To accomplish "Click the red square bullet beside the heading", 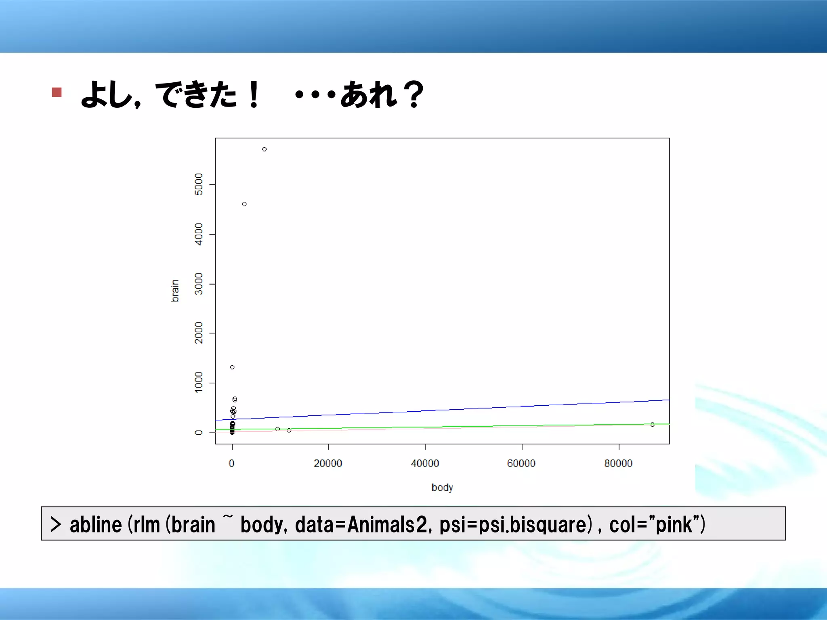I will point(57,92).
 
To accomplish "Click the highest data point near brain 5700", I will point(264,149).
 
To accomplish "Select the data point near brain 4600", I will point(244,204).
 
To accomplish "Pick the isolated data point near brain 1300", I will point(232,367).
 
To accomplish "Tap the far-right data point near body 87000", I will point(653,425).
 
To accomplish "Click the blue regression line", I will point(444,410).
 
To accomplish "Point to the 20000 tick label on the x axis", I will point(328,463).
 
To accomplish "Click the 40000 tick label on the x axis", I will point(425,463).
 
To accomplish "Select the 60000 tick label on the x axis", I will point(521,463).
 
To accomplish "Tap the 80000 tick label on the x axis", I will point(618,463).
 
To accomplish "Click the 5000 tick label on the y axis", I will point(199,184).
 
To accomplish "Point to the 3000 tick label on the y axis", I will point(199,284).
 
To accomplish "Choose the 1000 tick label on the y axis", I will point(199,382).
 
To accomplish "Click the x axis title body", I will point(442,488).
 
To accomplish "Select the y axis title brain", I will point(174,291).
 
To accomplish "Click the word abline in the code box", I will point(96,525).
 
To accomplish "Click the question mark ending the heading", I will point(414,94).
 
